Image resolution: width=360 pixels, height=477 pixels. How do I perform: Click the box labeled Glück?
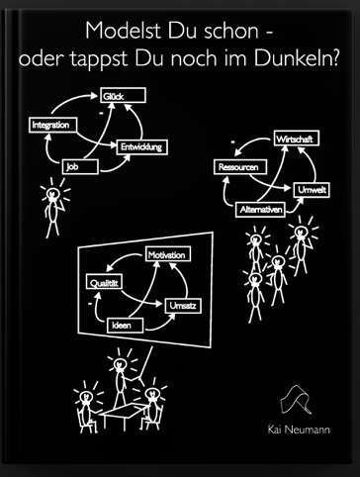coord(123,96)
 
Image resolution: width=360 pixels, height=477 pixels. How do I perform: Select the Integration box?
coord(53,125)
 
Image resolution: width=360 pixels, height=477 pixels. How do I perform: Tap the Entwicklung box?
coord(142,147)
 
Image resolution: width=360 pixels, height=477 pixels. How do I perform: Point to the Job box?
coord(80,166)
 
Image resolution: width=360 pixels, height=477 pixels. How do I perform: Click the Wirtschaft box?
coord(297,139)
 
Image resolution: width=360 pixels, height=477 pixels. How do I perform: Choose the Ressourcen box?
coord(240,167)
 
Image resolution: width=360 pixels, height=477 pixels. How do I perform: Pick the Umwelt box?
coord(312,190)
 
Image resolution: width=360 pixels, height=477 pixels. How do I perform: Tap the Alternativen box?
coord(260,210)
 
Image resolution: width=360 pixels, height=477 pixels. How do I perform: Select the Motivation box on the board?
coord(168,254)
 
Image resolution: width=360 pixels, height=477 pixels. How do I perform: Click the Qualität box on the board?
coord(104,282)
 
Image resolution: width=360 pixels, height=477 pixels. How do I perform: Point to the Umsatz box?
coord(183,306)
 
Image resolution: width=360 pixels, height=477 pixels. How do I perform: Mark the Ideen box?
coord(126,326)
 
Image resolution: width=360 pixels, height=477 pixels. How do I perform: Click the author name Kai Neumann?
coord(299,429)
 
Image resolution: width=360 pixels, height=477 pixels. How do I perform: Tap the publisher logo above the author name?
coord(296,400)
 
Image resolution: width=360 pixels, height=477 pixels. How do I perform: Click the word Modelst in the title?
coord(123,31)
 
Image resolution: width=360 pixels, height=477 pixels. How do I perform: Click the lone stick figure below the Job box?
coord(53,208)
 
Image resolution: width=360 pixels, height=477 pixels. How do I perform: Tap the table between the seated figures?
coord(124,411)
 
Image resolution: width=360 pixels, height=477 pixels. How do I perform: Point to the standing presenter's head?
coord(120,364)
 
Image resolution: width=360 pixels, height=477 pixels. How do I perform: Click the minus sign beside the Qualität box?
coord(90,303)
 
